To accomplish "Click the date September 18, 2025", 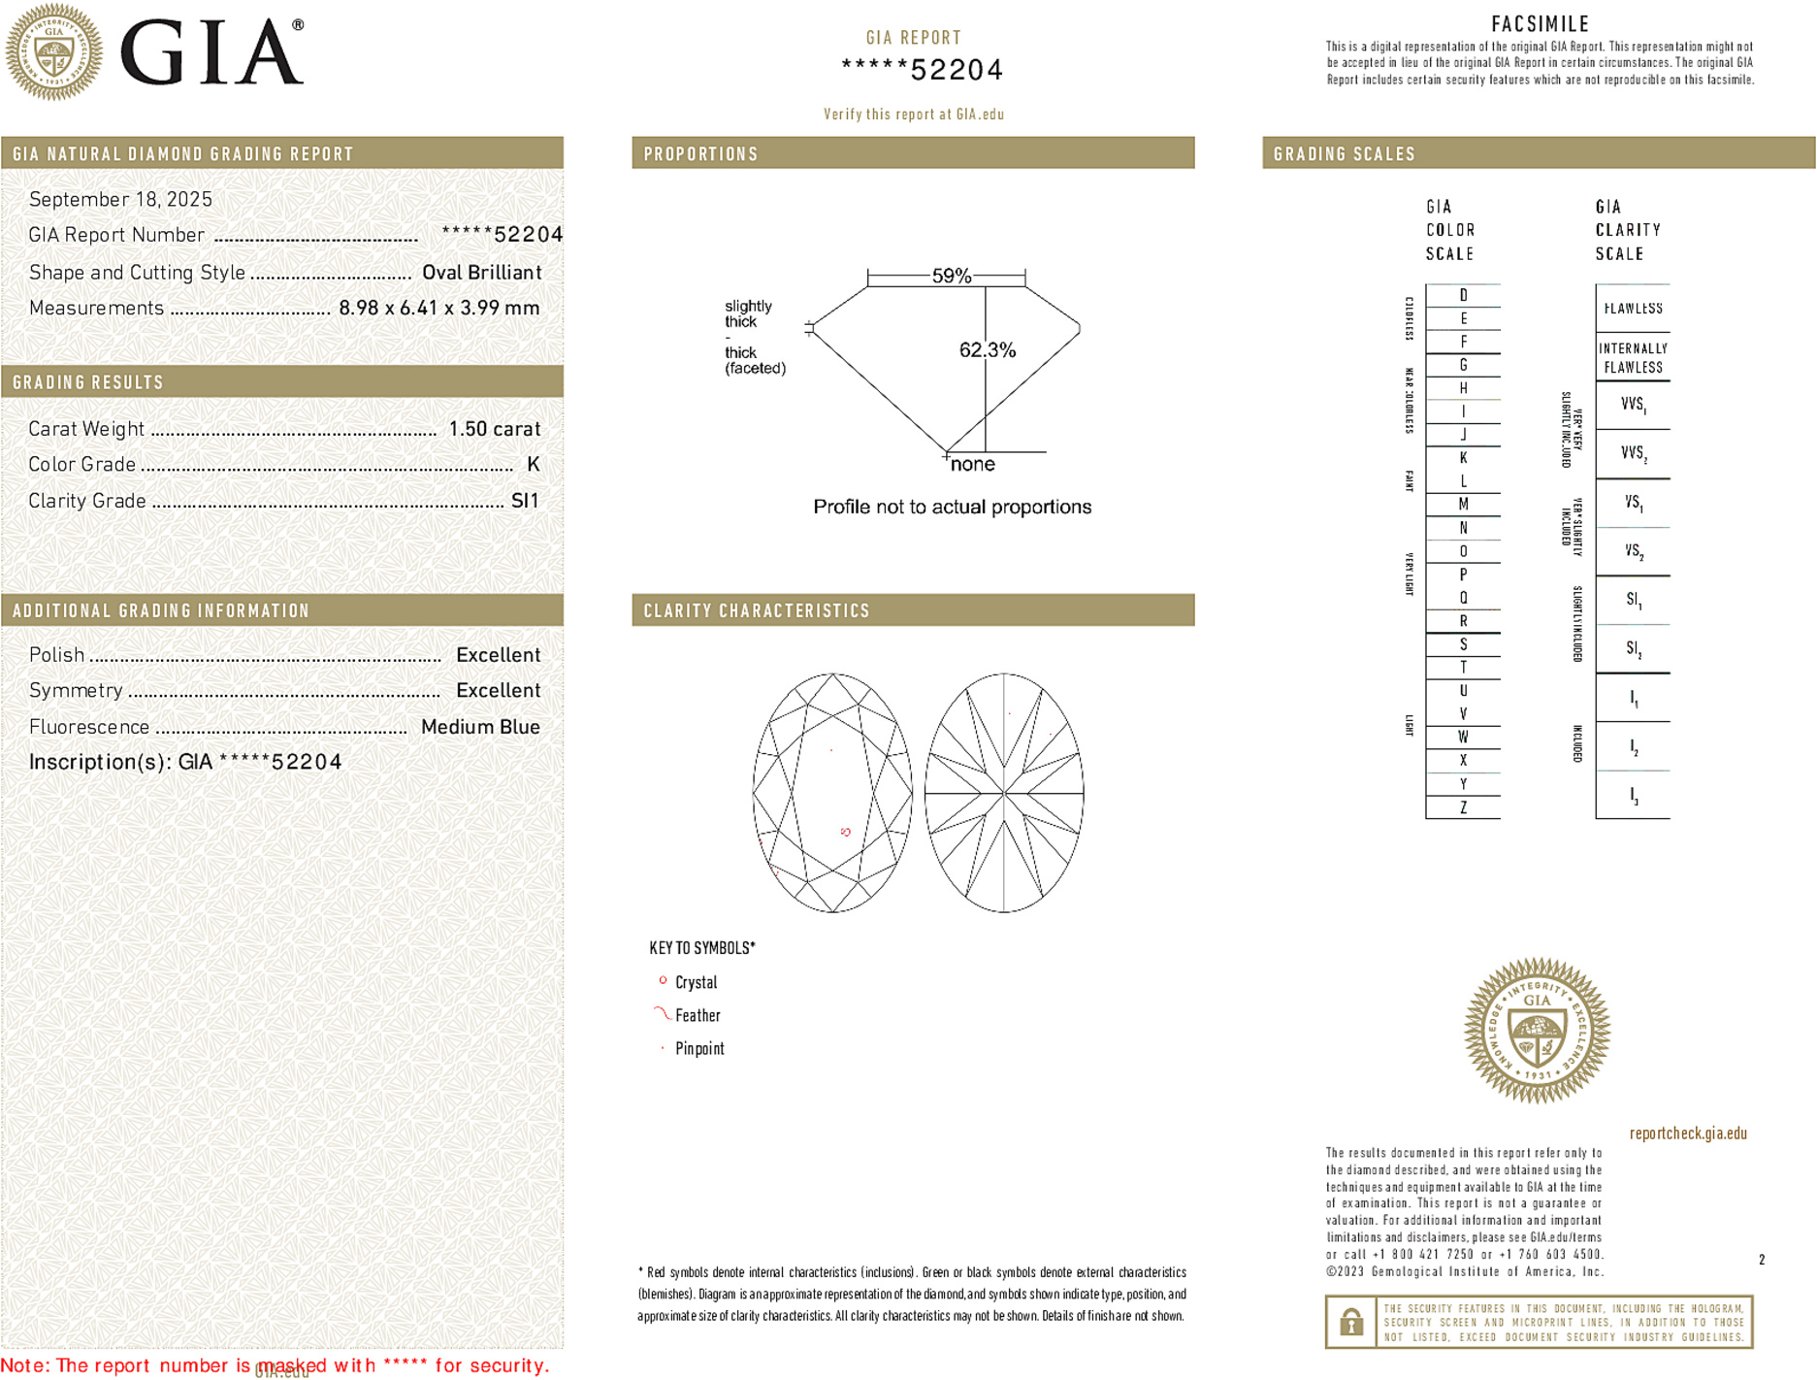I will pyautogui.click(x=120, y=199).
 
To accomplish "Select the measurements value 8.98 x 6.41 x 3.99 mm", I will pyautogui.click(x=438, y=308).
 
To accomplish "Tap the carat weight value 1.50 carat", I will pyautogui.click(x=494, y=429).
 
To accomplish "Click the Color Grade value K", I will pyautogui.click(x=533, y=464).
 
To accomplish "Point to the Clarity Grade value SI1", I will pyautogui.click(x=524, y=501).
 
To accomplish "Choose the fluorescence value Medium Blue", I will pyautogui.click(x=480, y=727).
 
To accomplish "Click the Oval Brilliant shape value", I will pyautogui.click(x=481, y=273).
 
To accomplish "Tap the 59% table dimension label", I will pyautogui.click(x=951, y=276).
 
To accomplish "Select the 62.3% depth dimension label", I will pyautogui.click(x=988, y=350).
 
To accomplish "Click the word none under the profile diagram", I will pyautogui.click(x=972, y=464).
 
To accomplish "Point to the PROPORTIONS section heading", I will pyautogui.click(x=700, y=154).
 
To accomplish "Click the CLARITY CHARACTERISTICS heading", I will pyautogui.click(x=757, y=610).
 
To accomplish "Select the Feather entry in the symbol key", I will pyautogui.click(x=698, y=1015).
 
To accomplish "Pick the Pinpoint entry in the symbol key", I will pyautogui.click(x=699, y=1048).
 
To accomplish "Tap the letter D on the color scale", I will pyautogui.click(x=1463, y=295).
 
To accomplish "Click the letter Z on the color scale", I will pyautogui.click(x=1463, y=807).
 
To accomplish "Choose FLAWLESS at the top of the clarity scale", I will pyautogui.click(x=1633, y=309).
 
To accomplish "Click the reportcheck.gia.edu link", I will pyautogui.click(x=1688, y=1133).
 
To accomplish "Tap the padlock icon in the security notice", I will pyautogui.click(x=1350, y=1322).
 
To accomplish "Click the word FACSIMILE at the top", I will pyautogui.click(x=1540, y=24).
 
